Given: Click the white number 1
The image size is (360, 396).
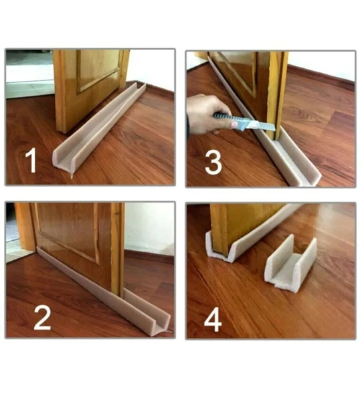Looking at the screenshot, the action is point(31,161).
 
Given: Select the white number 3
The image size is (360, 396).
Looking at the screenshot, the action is point(213,163).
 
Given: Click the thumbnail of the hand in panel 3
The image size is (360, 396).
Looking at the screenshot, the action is point(235,124).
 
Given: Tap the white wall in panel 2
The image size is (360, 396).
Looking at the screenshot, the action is point(149,227).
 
